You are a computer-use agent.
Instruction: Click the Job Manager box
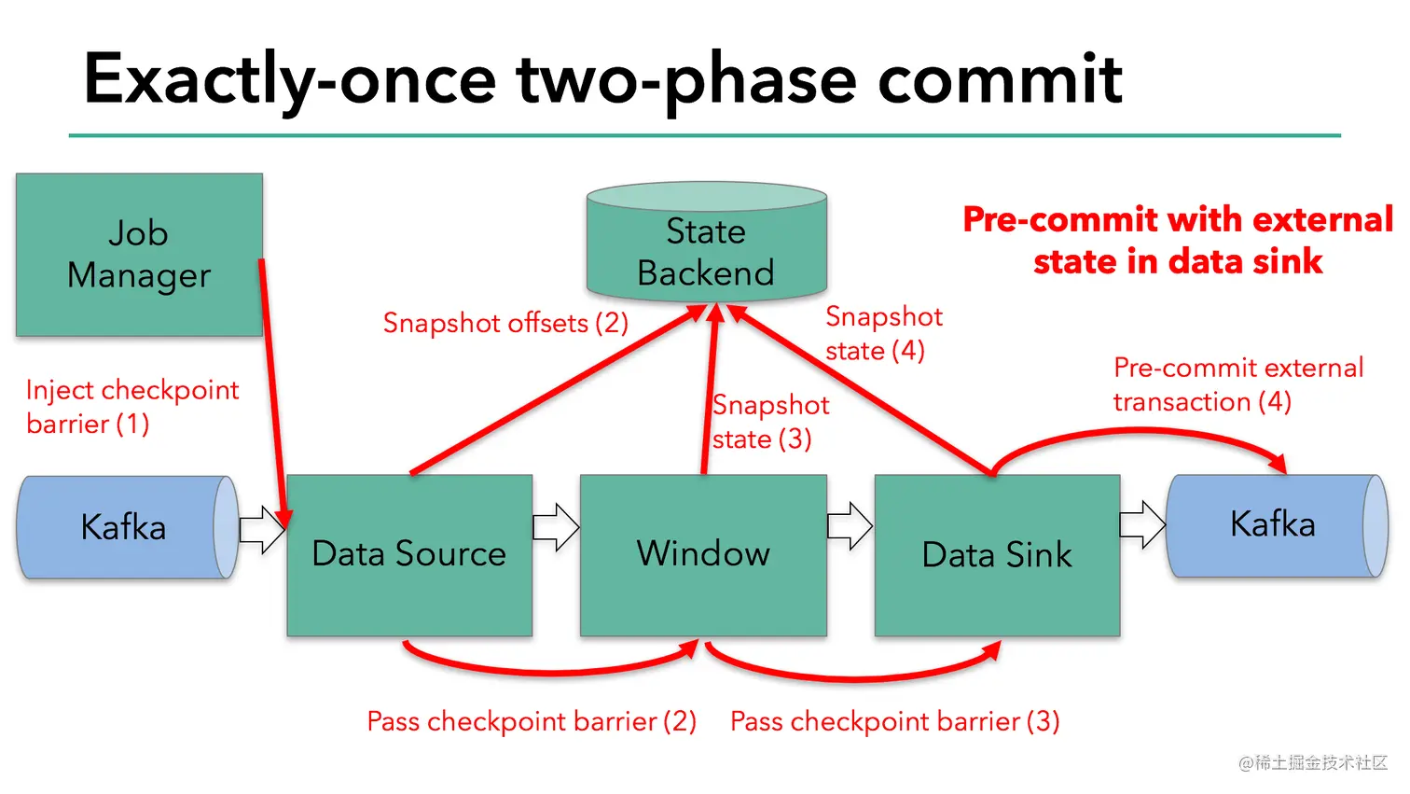pyautogui.click(x=139, y=254)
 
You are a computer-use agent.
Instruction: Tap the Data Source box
pyautogui.click(x=409, y=554)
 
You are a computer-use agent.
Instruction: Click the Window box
pyautogui.click(x=703, y=554)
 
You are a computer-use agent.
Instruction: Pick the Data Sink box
pyautogui.click(x=997, y=555)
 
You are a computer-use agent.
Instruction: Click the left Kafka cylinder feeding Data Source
pyautogui.click(x=123, y=527)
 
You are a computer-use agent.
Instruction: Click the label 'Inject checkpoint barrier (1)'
pyautogui.click(x=131, y=407)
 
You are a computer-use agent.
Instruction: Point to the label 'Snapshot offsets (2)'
pyautogui.click(x=505, y=323)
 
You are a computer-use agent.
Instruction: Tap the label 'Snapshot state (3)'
pyautogui.click(x=769, y=422)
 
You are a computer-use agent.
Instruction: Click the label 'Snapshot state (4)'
pyautogui.click(x=882, y=333)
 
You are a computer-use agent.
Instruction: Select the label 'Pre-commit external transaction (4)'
pyautogui.click(x=1237, y=384)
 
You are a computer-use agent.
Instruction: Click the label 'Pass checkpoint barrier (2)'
pyautogui.click(x=532, y=721)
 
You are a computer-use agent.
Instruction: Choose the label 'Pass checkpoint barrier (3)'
pyautogui.click(x=894, y=721)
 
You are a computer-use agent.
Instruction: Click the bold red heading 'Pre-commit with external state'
pyautogui.click(x=1178, y=240)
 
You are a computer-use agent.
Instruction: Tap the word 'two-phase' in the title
pyautogui.click(x=686, y=78)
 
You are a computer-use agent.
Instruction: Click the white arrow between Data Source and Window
pyautogui.click(x=556, y=527)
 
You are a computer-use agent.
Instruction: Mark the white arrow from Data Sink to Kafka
pyautogui.click(x=1142, y=524)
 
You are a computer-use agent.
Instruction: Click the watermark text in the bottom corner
pyautogui.click(x=1313, y=762)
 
